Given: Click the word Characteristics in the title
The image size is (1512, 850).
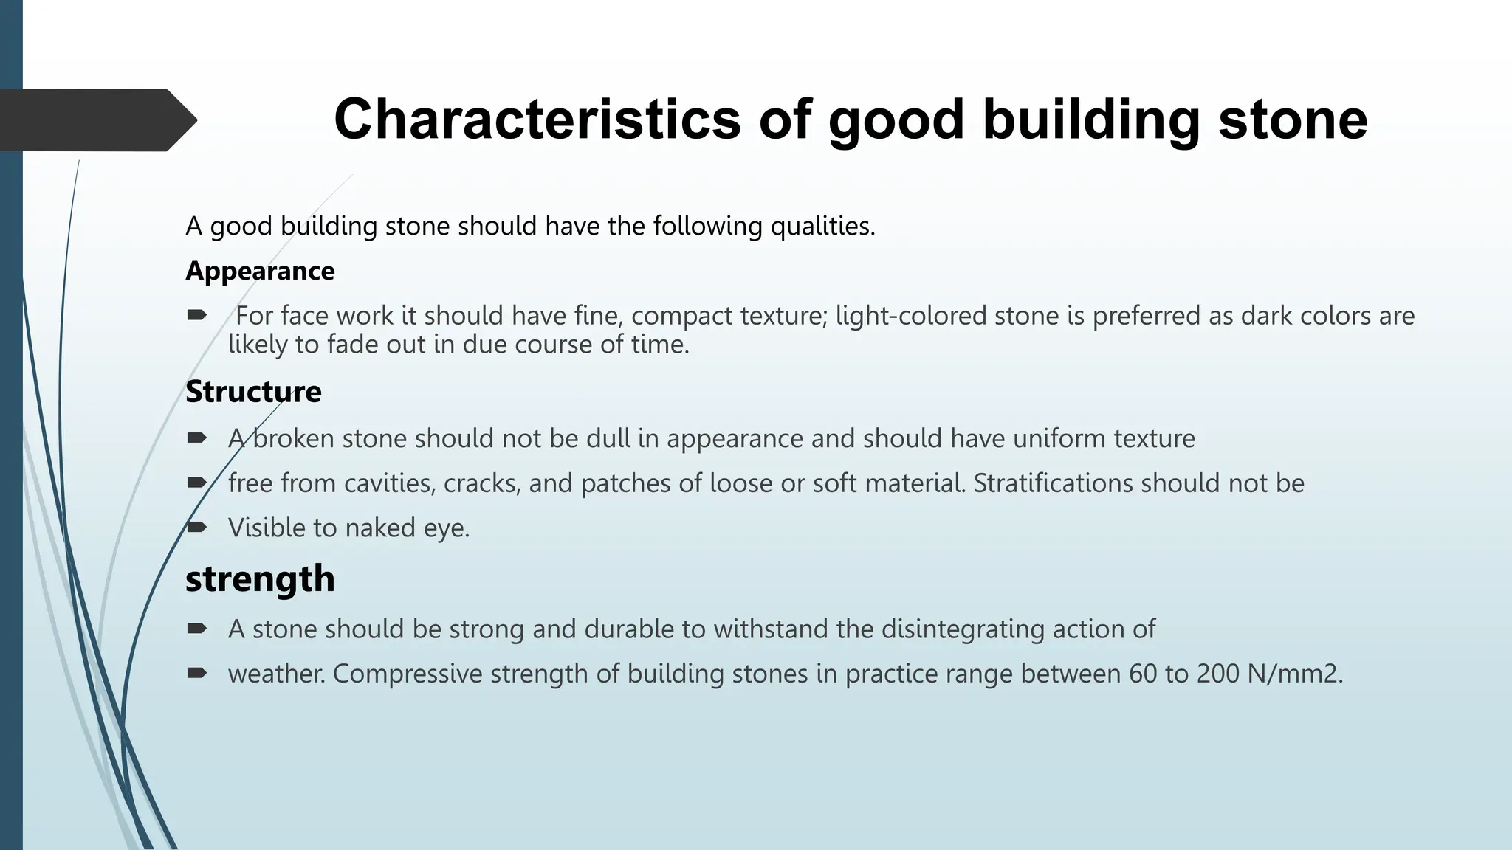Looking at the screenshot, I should tap(537, 120).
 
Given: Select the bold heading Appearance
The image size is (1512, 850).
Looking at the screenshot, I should tap(260, 272).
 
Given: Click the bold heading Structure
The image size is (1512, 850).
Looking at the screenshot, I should tap(253, 392).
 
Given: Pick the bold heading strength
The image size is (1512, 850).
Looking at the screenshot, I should tap(260, 578).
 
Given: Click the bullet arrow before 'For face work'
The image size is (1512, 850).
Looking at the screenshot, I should tap(196, 316).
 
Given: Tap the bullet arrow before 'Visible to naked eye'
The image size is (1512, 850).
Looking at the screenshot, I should tap(196, 528).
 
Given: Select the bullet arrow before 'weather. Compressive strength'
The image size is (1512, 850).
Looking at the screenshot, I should tap(196, 673).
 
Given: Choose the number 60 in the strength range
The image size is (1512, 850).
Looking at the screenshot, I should tap(1143, 674).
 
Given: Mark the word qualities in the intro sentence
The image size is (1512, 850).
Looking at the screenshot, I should tap(822, 226).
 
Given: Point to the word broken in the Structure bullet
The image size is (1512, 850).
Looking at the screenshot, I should tap(293, 438).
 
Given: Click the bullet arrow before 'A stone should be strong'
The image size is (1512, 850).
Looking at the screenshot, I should tap(196, 629).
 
